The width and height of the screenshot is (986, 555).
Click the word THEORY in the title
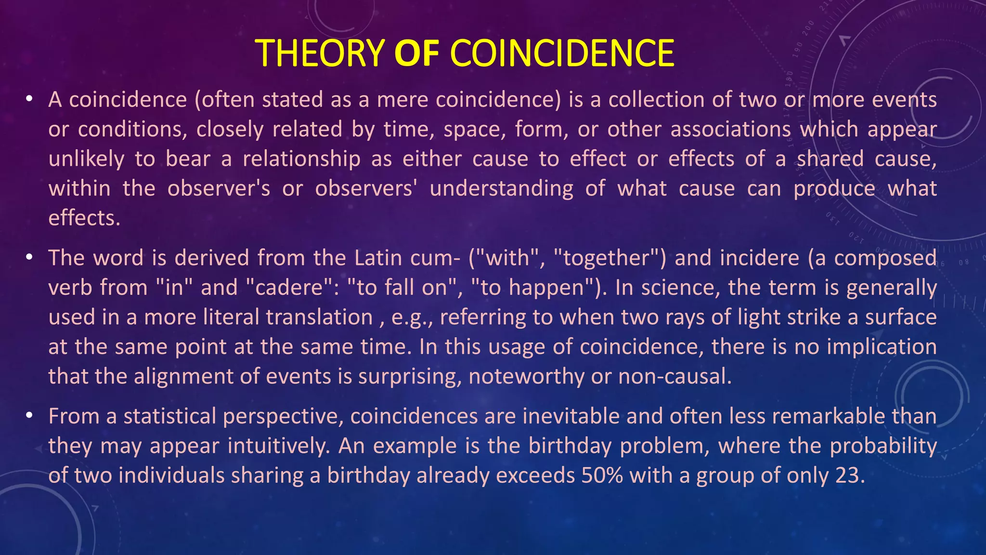point(319,53)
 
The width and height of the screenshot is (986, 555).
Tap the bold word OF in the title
point(416,53)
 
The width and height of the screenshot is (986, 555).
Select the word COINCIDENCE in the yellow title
point(562,53)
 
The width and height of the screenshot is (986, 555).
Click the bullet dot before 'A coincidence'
point(29,99)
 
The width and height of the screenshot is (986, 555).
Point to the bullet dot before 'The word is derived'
point(29,258)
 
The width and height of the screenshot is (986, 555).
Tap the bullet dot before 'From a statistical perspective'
point(29,416)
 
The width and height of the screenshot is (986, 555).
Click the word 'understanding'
point(501,188)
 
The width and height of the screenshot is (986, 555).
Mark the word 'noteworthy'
point(526,376)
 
